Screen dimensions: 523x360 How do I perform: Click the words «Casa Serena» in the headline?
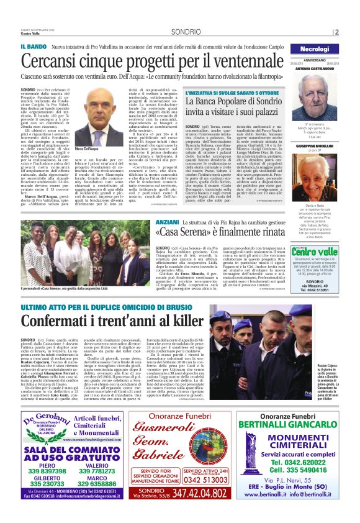(186, 232)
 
